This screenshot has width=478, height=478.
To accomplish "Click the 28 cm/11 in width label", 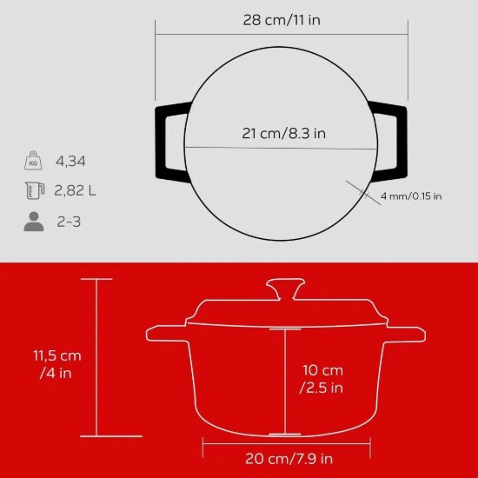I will (x=282, y=19).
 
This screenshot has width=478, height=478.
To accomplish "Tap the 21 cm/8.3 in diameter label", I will (x=282, y=134).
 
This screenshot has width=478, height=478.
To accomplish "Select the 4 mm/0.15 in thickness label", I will (x=410, y=196).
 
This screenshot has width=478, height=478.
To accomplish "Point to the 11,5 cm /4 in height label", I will (x=57, y=363).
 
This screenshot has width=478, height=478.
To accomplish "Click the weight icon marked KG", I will (x=34, y=161).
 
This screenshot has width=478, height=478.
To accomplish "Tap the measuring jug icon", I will (x=34, y=191).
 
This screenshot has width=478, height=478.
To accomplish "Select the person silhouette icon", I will (x=34, y=222).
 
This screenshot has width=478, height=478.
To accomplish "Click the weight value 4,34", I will (x=70, y=161).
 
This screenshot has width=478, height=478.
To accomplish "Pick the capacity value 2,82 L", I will (x=76, y=191).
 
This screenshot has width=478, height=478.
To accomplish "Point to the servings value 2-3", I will (x=69, y=222).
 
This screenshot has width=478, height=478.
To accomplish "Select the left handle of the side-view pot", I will (x=165, y=333).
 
